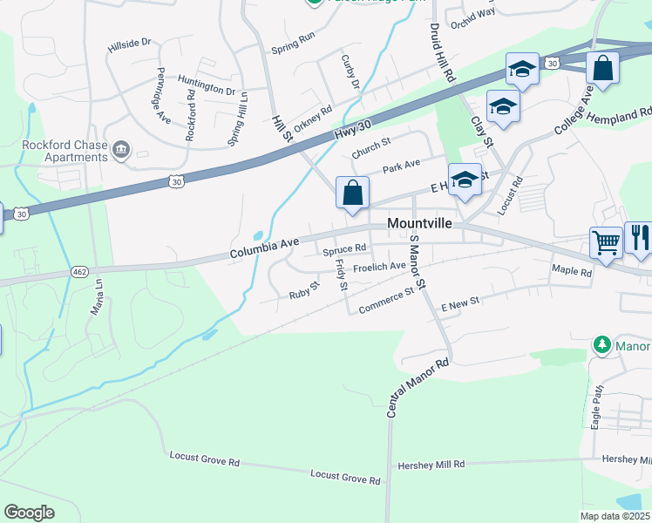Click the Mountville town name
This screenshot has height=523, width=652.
pos(419,224)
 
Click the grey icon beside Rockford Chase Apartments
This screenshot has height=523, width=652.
pos(121,152)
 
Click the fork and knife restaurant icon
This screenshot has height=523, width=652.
pos(638,238)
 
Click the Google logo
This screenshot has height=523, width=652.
pos(30,513)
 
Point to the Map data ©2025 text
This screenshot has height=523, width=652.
pos(614,516)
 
